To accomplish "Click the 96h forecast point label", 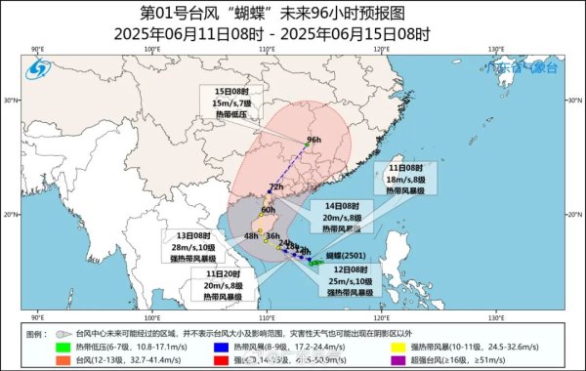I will pos(314,140).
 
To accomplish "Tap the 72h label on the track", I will pos(276,186).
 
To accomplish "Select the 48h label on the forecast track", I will pos(251,236).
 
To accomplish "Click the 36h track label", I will pos(273,236).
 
